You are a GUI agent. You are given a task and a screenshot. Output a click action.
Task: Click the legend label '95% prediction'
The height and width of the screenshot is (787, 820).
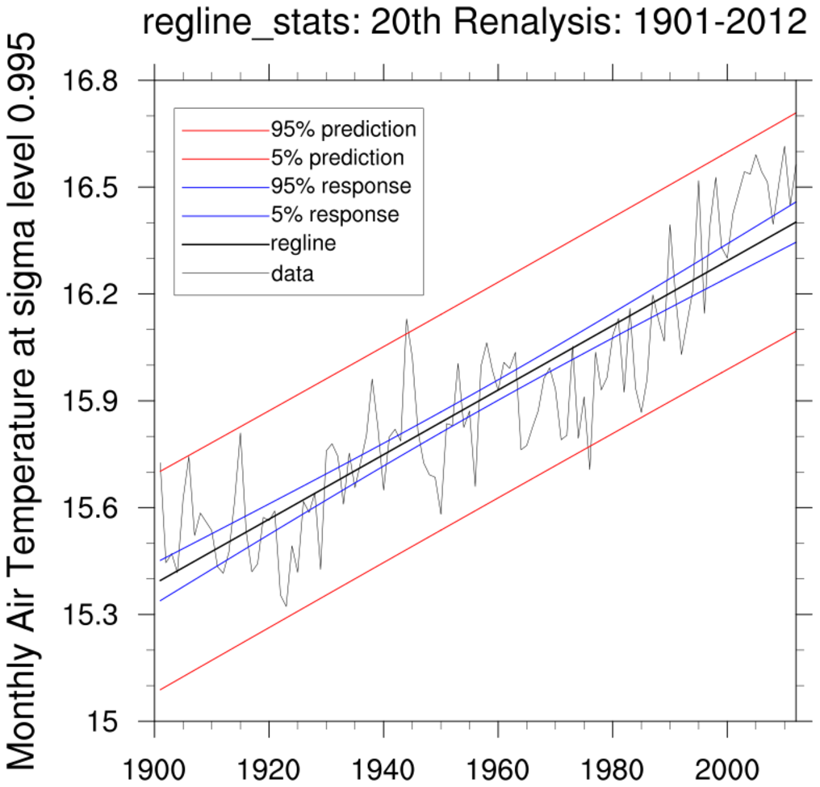pyautogui.click(x=343, y=129)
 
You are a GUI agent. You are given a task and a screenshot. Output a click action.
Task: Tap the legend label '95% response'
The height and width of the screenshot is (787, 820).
pyautogui.click(x=341, y=186)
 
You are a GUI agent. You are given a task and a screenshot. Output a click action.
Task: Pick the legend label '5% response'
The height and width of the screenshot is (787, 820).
pyautogui.click(x=334, y=215)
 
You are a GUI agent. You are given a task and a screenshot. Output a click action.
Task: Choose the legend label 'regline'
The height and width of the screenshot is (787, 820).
pyautogui.click(x=303, y=244)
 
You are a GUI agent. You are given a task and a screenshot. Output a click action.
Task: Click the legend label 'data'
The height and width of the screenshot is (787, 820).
pyautogui.click(x=292, y=273)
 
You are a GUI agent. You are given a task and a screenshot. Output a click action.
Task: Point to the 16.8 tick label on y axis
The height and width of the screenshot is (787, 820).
pyautogui.click(x=99, y=82)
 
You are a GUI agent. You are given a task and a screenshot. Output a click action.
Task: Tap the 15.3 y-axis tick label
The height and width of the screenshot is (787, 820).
pyautogui.click(x=99, y=615)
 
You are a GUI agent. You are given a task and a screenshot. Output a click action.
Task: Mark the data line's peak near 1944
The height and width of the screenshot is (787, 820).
pyautogui.click(x=407, y=319)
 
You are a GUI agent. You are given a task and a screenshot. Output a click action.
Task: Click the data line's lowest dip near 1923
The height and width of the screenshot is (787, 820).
pyautogui.click(x=286, y=606)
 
